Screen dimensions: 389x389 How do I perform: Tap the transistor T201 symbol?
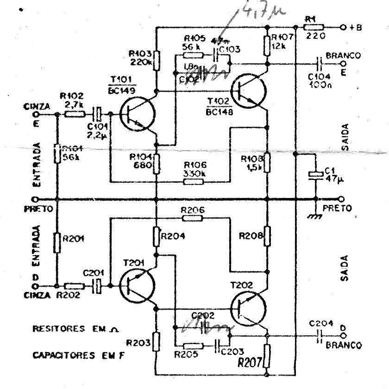(137, 287)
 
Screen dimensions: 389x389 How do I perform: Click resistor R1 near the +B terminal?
(314, 27)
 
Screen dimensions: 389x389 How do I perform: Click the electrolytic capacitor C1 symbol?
(314, 175)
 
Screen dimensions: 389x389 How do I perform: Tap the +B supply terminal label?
(355, 27)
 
